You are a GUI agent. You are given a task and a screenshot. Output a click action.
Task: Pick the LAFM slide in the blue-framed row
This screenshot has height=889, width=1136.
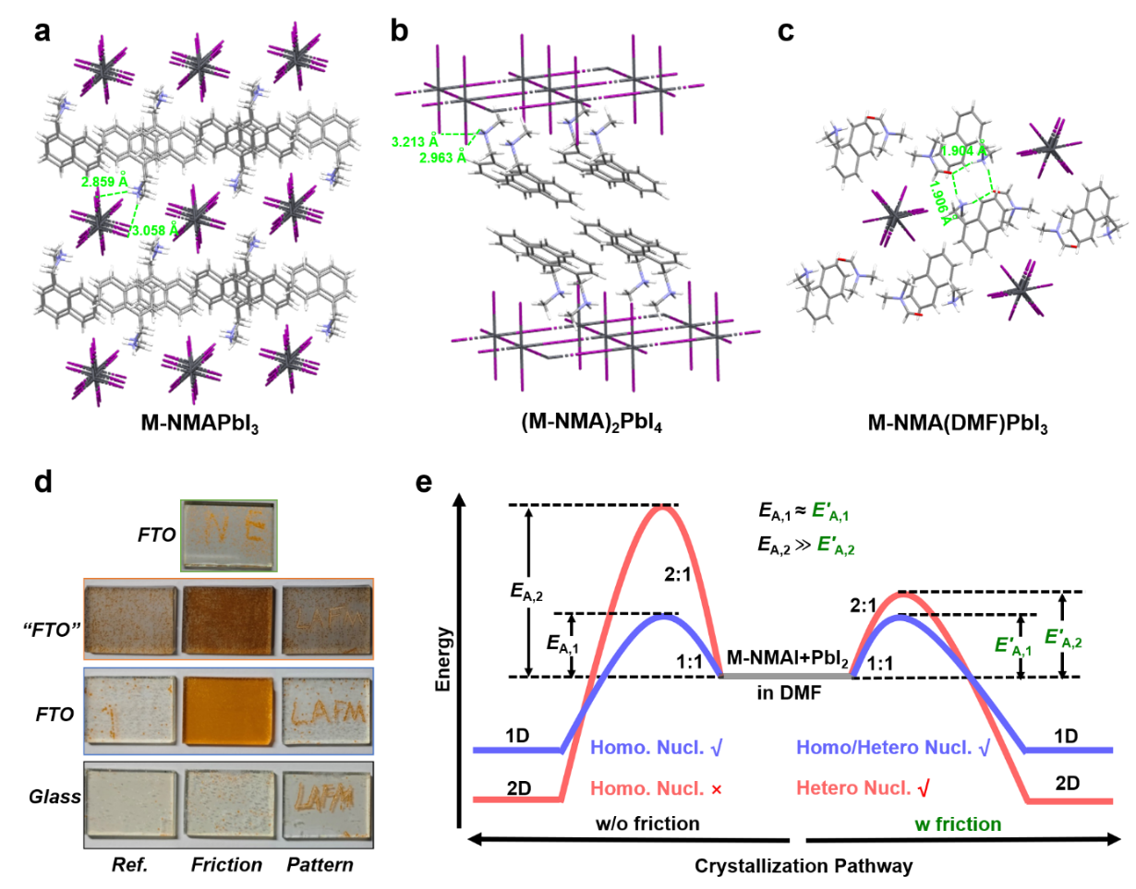coord(326,711)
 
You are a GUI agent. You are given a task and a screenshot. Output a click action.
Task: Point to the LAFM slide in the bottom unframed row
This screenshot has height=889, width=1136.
coord(326,803)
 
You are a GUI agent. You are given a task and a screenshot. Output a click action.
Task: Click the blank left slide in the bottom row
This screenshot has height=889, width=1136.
coord(130,803)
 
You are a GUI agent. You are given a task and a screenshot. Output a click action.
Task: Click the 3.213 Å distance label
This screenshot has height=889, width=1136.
coord(415,141)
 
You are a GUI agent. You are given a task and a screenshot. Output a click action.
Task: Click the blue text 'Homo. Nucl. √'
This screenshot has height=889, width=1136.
coord(655,747)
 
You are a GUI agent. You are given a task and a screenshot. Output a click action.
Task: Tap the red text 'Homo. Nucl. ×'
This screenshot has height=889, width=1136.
coord(655,789)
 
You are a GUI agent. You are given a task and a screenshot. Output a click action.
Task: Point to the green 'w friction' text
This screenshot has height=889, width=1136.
coord(958,823)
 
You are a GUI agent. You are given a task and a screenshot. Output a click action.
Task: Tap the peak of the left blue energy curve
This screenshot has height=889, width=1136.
coord(662,617)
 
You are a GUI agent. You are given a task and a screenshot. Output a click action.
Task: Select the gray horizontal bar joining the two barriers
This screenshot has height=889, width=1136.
coord(786,676)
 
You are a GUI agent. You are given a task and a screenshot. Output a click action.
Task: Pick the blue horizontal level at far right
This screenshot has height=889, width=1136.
coord(1070,750)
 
